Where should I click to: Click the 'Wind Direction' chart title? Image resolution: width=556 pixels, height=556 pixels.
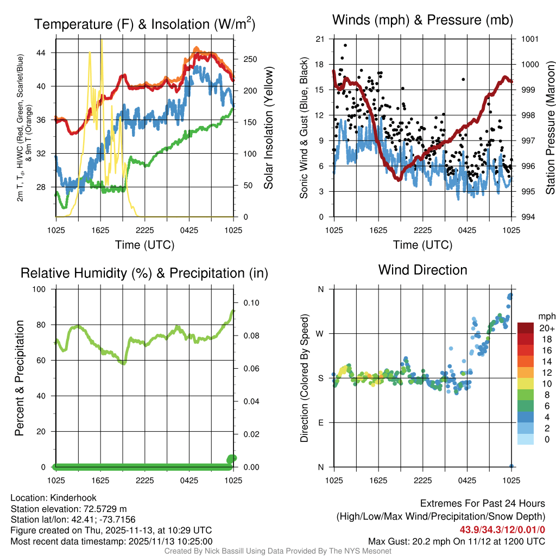(x=422, y=270)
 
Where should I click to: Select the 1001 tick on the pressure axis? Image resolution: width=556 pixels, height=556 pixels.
(x=529, y=39)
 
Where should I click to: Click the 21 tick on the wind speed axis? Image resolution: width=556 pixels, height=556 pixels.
(x=320, y=39)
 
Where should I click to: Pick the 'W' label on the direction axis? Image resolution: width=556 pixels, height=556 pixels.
(x=320, y=333)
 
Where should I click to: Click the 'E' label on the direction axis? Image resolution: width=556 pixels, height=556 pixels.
(x=320, y=422)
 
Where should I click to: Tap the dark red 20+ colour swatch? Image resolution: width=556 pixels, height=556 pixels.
(x=526, y=328)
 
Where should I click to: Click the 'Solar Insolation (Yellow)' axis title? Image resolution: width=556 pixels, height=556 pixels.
(x=268, y=128)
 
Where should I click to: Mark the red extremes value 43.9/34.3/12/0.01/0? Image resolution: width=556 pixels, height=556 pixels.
(x=502, y=529)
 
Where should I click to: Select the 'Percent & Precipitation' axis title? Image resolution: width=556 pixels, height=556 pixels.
(x=20, y=378)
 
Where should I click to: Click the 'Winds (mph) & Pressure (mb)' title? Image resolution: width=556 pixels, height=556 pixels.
(x=422, y=21)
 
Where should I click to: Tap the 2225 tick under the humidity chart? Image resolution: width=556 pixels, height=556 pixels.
(x=145, y=481)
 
